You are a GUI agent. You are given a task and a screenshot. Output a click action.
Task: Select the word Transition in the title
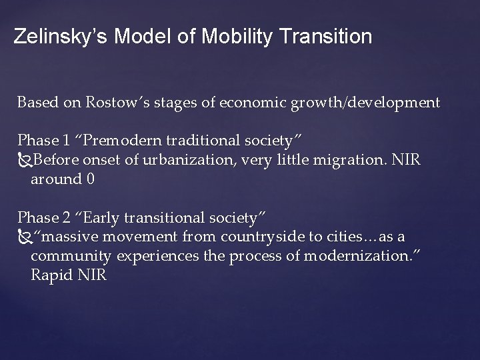coord(323,37)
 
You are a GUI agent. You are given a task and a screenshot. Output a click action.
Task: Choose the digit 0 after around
coord(89,179)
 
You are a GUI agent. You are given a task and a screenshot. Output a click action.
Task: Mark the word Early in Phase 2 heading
coord(101,217)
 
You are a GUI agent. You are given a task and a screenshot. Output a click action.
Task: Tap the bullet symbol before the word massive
coord(25,237)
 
